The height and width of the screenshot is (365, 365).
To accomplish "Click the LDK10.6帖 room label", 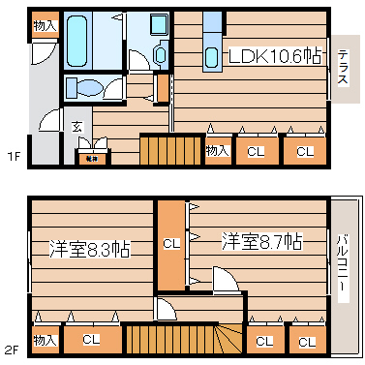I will pyautogui.click(x=275, y=56).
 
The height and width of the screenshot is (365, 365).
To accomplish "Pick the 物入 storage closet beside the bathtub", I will pyautogui.click(x=44, y=25).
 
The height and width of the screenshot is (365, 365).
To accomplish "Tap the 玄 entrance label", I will pyautogui.click(x=76, y=126).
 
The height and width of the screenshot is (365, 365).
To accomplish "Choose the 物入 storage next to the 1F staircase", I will pyautogui.click(x=218, y=150).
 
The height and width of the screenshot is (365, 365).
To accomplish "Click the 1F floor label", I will pyautogui.click(x=13, y=156).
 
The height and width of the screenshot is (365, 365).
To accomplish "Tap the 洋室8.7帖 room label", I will pyautogui.click(x=260, y=240).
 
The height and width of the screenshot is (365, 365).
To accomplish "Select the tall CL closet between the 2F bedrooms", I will pyautogui.click(x=170, y=244).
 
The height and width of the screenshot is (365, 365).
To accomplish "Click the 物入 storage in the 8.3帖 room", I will pyautogui.click(x=44, y=340).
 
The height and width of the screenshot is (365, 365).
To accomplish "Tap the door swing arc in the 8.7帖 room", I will pyautogui.click(x=226, y=281).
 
